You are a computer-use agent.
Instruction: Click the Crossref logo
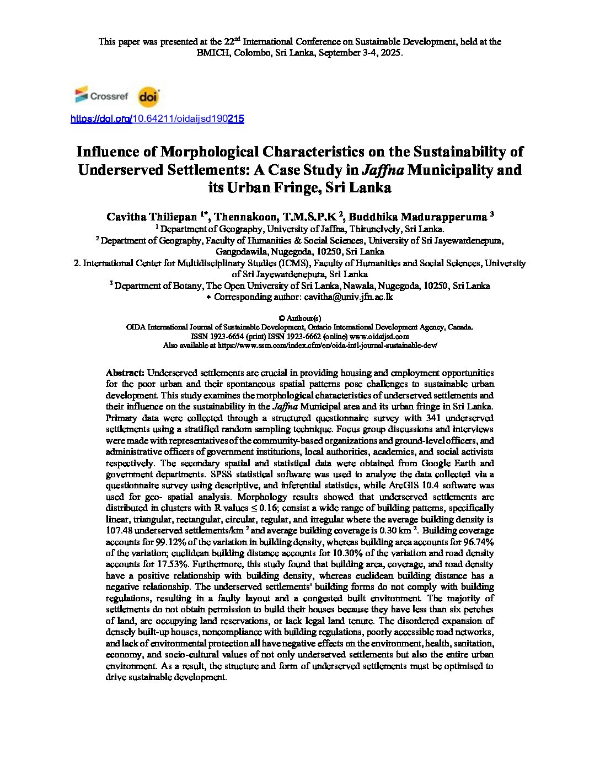point(101,96)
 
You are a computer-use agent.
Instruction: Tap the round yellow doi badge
point(148,97)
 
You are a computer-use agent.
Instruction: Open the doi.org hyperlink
point(157,118)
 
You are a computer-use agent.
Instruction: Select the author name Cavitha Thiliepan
point(153,217)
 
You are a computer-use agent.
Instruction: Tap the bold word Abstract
point(125,373)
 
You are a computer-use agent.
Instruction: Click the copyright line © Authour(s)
point(299,318)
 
